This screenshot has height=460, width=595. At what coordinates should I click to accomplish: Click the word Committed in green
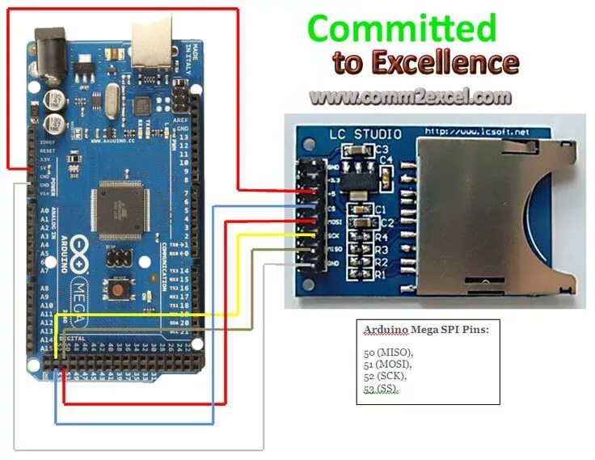(402, 28)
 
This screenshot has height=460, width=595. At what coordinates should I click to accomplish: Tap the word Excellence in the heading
(444, 62)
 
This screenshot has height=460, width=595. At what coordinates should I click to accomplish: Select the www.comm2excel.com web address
(410, 97)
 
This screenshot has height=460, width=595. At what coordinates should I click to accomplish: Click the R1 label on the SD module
(381, 275)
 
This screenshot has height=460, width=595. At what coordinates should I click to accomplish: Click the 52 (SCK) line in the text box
(385, 377)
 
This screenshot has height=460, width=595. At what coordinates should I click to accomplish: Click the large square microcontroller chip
(120, 206)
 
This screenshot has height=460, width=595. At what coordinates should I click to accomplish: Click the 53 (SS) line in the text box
(382, 389)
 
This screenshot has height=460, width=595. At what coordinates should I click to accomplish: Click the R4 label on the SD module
(381, 237)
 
